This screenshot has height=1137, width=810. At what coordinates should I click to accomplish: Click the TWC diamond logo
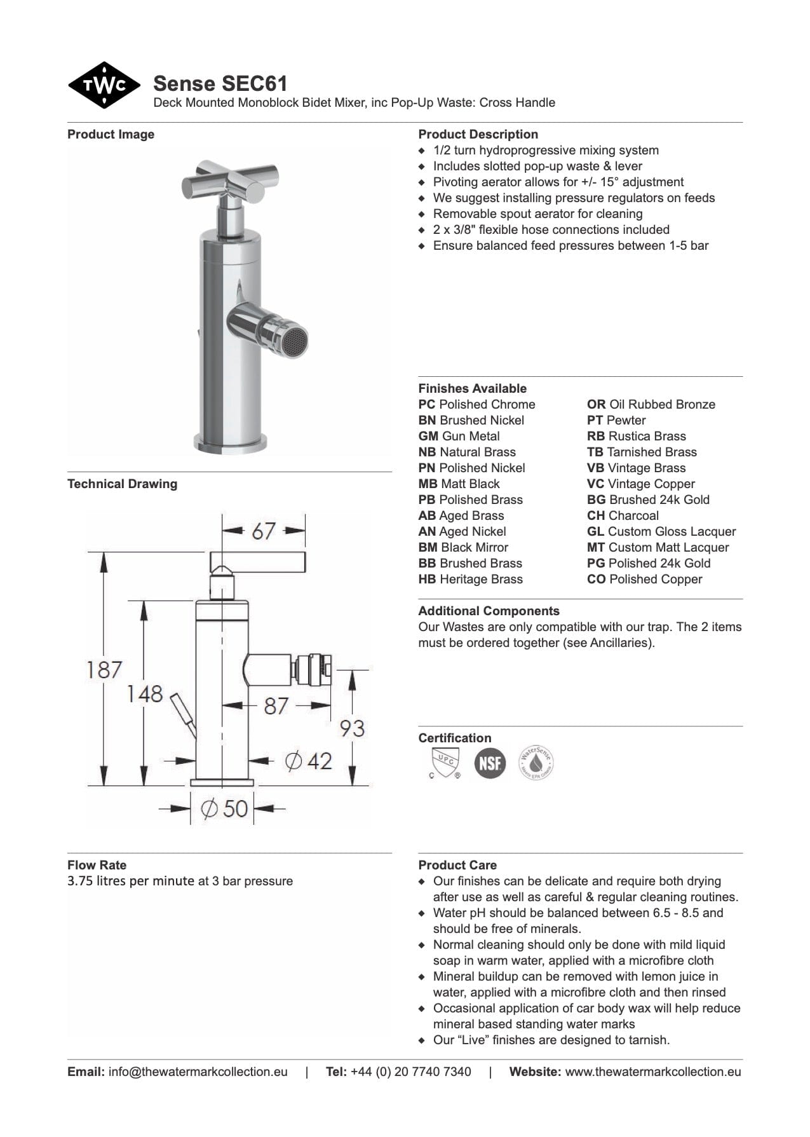(x=104, y=85)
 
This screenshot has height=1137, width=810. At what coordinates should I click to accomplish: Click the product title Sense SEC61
(x=220, y=83)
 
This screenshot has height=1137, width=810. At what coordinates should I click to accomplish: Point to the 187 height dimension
(x=104, y=669)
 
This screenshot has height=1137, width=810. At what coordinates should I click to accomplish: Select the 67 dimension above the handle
(x=263, y=531)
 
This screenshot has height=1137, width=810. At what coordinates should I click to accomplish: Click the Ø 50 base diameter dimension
(x=224, y=808)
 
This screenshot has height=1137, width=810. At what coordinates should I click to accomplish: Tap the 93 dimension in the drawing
(x=352, y=728)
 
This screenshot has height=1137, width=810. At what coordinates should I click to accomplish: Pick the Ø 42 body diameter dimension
(x=309, y=760)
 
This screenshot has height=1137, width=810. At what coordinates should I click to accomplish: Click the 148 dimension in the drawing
(x=144, y=693)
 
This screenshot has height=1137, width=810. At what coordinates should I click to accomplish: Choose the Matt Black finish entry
(x=459, y=484)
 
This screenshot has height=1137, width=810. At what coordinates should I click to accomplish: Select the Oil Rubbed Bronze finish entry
(x=651, y=404)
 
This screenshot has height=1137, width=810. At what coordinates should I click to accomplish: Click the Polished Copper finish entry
(x=644, y=579)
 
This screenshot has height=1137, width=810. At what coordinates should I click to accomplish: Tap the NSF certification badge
(x=490, y=763)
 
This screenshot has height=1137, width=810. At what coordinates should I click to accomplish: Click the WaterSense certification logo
(x=536, y=763)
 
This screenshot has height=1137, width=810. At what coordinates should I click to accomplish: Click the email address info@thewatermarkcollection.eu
(x=198, y=1072)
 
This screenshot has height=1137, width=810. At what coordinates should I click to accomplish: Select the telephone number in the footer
(x=410, y=1072)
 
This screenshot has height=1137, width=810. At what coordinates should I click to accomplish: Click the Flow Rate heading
(x=97, y=865)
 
